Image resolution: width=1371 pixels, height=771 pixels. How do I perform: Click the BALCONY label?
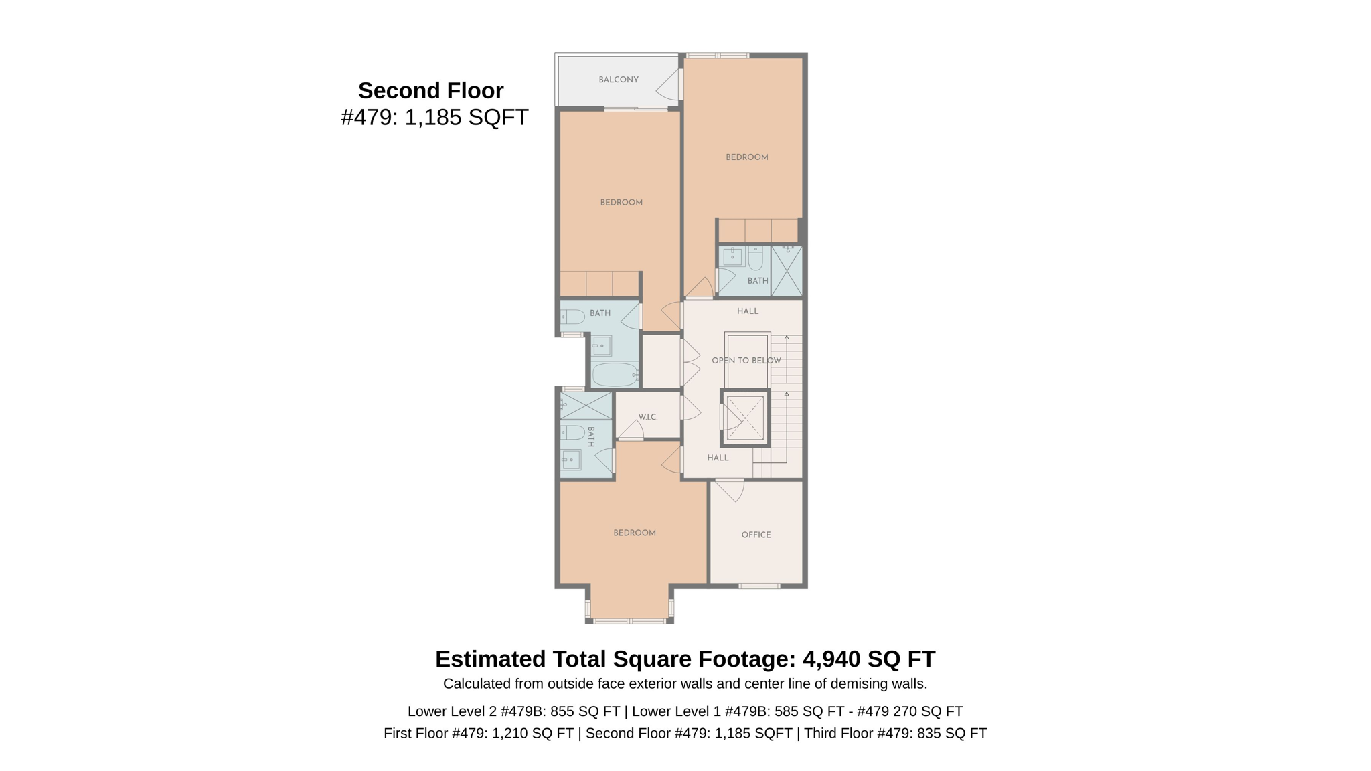(x=618, y=80)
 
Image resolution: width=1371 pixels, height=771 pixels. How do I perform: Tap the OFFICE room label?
(x=756, y=535)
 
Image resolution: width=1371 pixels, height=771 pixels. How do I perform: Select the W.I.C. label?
(x=647, y=417)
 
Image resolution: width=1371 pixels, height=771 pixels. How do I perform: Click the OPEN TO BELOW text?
(x=746, y=361)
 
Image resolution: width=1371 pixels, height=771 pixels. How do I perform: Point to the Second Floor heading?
(x=430, y=90)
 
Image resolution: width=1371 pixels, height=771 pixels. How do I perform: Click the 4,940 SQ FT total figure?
(x=868, y=659)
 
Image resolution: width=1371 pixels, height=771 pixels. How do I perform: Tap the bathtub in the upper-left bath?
(x=615, y=375)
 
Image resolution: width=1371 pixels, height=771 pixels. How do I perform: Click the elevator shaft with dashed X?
(x=744, y=418)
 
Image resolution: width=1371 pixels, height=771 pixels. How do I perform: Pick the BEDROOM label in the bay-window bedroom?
(x=634, y=533)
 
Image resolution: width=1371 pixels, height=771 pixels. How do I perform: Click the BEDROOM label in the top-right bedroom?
(x=746, y=157)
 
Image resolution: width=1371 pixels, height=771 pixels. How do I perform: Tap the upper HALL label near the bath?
(x=747, y=311)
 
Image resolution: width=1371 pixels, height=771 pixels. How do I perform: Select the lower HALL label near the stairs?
(x=717, y=458)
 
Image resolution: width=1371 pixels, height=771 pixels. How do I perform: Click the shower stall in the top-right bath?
(x=787, y=272)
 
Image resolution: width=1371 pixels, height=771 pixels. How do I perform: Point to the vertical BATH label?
(x=590, y=437)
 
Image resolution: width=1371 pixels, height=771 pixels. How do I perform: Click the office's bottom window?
(x=758, y=586)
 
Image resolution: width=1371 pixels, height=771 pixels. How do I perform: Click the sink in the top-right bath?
(x=732, y=256)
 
